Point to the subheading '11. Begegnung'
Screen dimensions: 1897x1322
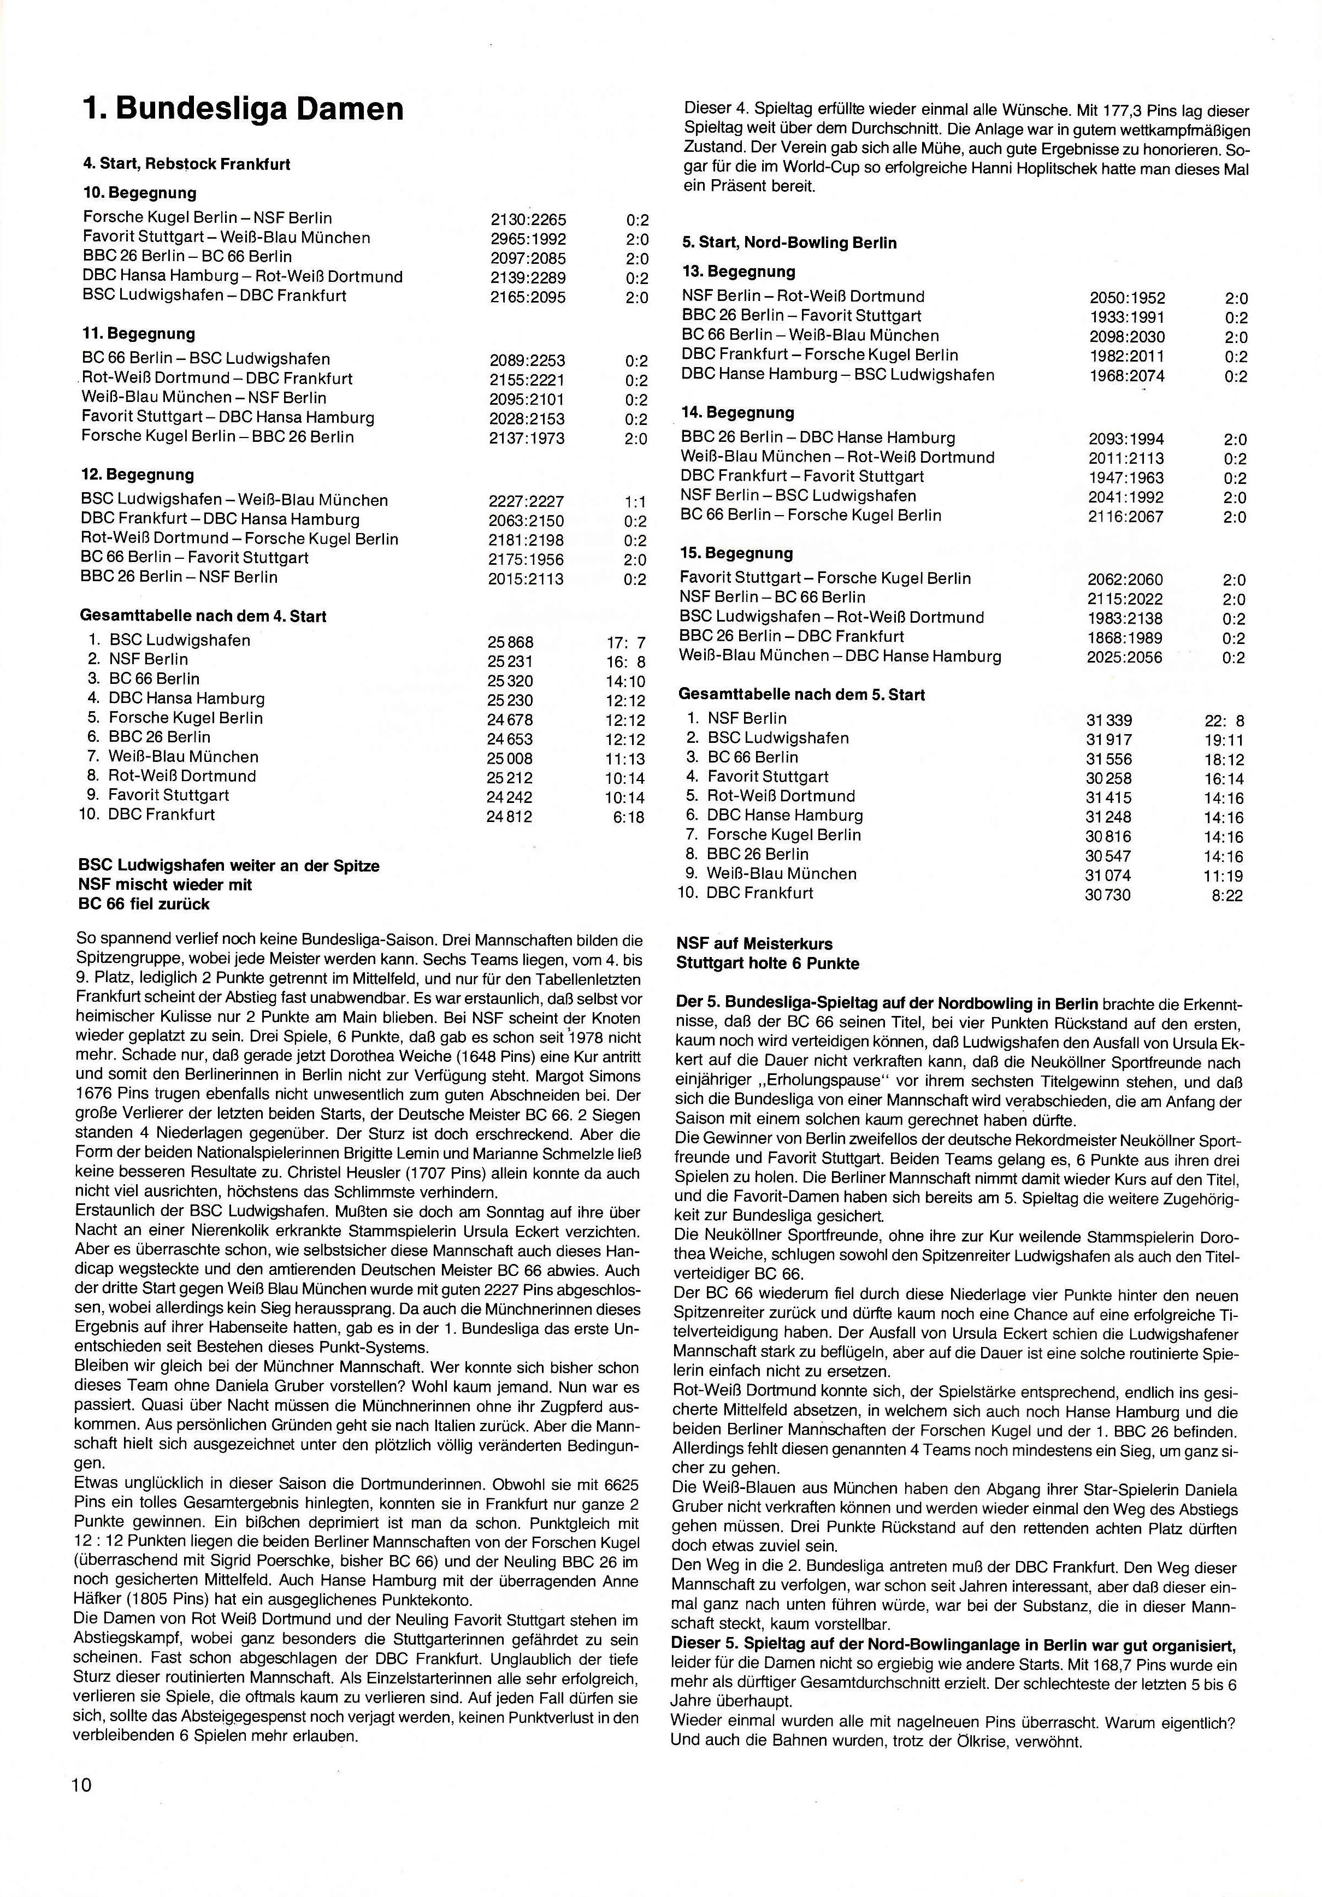pos(138,334)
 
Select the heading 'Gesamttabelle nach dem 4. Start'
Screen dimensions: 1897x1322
pos(203,616)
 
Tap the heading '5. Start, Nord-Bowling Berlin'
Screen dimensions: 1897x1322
pos(789,243)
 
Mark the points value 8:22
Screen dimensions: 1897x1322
pos(1227,896)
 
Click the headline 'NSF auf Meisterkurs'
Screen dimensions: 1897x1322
pos(754,943)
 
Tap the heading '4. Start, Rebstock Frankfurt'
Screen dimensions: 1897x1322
pos(187,164)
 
